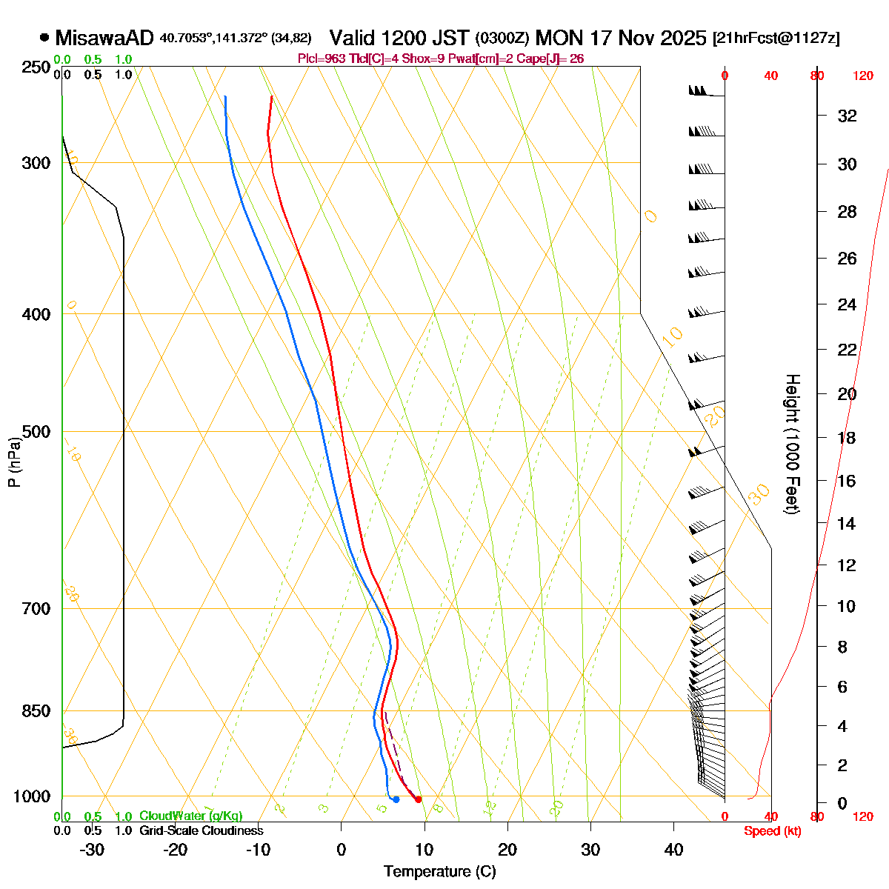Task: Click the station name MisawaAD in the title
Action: point(104,38)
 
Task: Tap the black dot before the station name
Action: point(44,37)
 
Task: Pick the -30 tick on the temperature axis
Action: point(92,850)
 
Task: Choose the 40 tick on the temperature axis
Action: point(673,850)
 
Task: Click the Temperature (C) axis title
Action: point(440,871)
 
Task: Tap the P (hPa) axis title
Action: point(14,462)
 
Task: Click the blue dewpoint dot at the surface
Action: point(396,799)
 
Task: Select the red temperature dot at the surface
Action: point(419,799)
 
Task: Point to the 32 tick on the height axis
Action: point(847,116)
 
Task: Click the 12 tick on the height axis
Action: point(847,565)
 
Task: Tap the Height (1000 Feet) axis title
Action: point(792,444)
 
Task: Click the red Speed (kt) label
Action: point(773,831)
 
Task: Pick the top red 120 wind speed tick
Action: point(863,76)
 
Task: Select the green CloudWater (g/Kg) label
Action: point(190,816)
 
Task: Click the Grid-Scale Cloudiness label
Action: point(201,831)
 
